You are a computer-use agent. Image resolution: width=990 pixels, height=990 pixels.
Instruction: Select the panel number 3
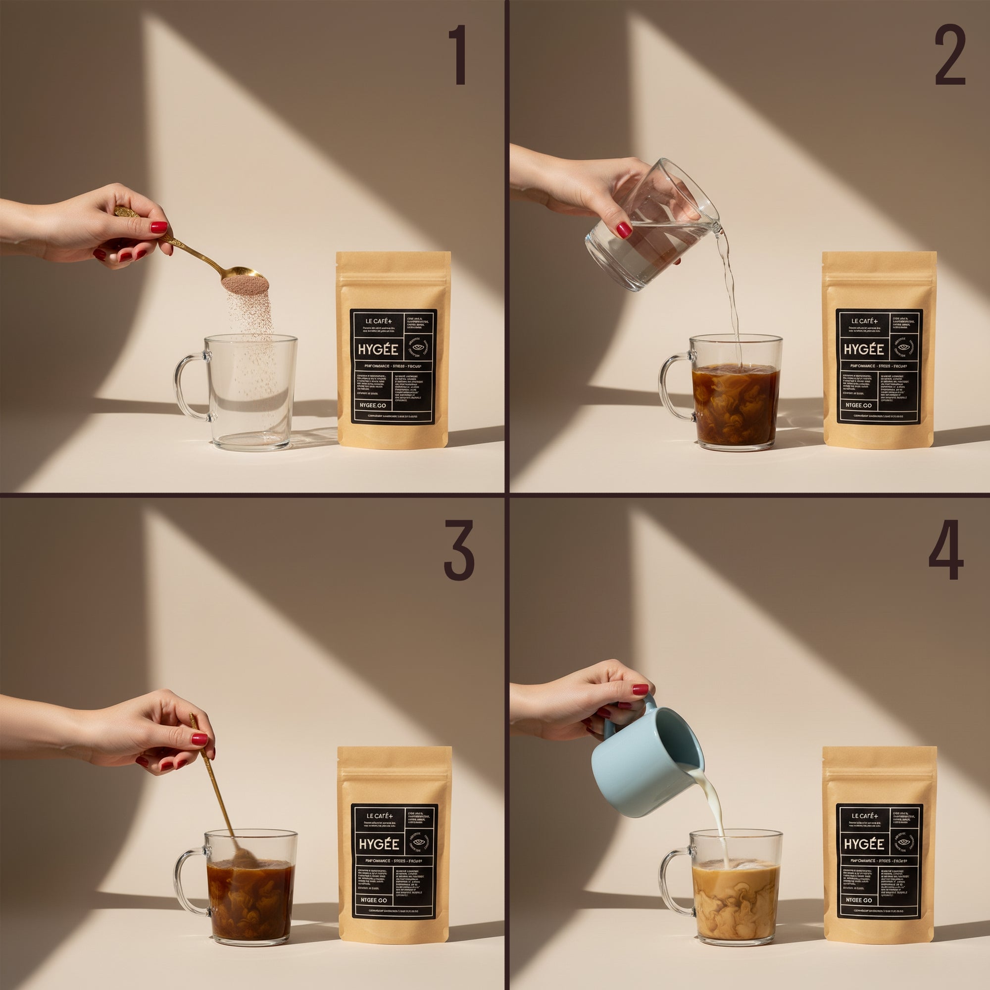coord(459,550)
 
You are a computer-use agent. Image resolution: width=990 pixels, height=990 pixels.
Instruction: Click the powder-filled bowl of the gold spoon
coord(245,281)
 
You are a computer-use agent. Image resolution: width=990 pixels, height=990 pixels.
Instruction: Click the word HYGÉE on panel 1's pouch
coord(378,350)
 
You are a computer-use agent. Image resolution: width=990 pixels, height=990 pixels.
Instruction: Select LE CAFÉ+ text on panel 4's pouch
coord(864,815)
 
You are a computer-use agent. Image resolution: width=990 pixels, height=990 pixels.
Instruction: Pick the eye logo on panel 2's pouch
coord(905,348)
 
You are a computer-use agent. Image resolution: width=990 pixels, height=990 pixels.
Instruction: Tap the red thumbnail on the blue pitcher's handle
coord(640,689)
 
